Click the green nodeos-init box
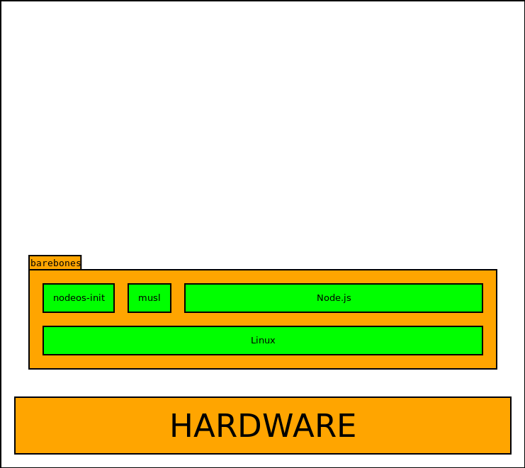pyautogui.click(x=79, y=298)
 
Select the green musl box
pyautogui.click(x=149, y=298)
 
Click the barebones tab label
pyautogui.click(x=55, y=263)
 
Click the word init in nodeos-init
pyautogui.click(x=98, y=298)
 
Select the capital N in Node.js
pyautogui.click(x=320, y=298)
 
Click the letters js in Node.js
pyautogui.click(x=347, y=299)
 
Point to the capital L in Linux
pyautogui.click(x=253, y=341)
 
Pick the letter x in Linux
pyautogui.click(x=273, y=341)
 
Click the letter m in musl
pyautogui.click(x=142, y=299)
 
